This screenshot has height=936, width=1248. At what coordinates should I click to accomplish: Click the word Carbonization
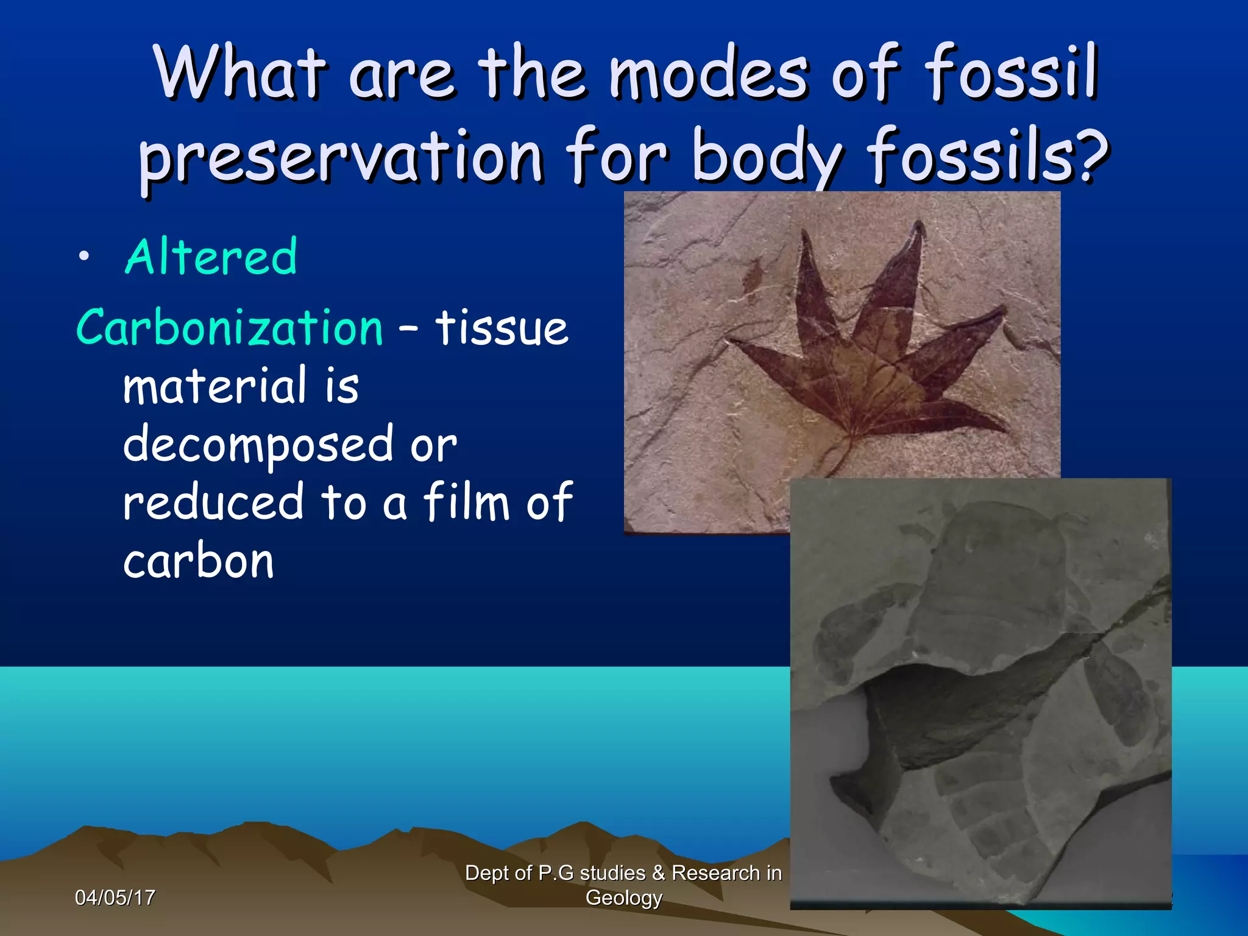[229, 328]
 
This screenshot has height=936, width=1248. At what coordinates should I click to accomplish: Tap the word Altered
[211, 257]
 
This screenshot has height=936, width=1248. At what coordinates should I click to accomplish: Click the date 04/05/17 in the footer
[115, 898]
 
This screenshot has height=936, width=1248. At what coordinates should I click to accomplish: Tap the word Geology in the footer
[623, 898]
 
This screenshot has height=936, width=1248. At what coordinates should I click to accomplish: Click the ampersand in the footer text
[658, 873]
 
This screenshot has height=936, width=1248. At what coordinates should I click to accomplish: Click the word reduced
[213, 502]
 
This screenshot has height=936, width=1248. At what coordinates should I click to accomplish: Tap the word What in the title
[239, 73]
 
